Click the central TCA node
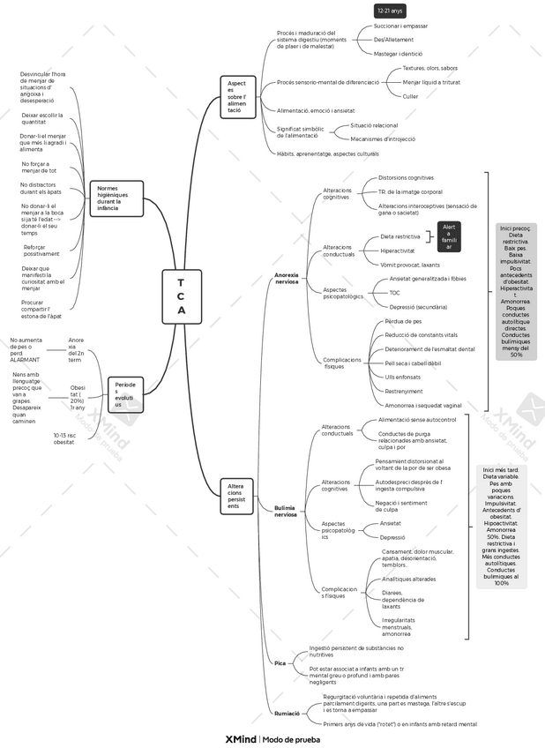(x=181, y=295)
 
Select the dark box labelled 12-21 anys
(x=389, y=11)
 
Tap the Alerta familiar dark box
(x=449, y=236)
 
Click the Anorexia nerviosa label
(x=286, y=279)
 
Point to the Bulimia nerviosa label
(x=285, y=512)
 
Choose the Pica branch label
(x=280, y=662)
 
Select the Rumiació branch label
(x=286, y=713)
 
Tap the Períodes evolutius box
(x=125, y=393)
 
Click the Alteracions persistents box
(x=236, y=496)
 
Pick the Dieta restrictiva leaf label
(x=399, y=236)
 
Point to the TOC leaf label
(x=394, y=292)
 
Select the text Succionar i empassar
(x=400, y=26)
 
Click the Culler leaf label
(x=410, y=96)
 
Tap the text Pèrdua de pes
(x=403, y=321)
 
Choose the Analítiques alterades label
(x=408, y=579)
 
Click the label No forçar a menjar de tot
(x=39, y=167)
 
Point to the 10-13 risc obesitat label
(x=63, y=438)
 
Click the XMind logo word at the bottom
(x=240, y=739)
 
